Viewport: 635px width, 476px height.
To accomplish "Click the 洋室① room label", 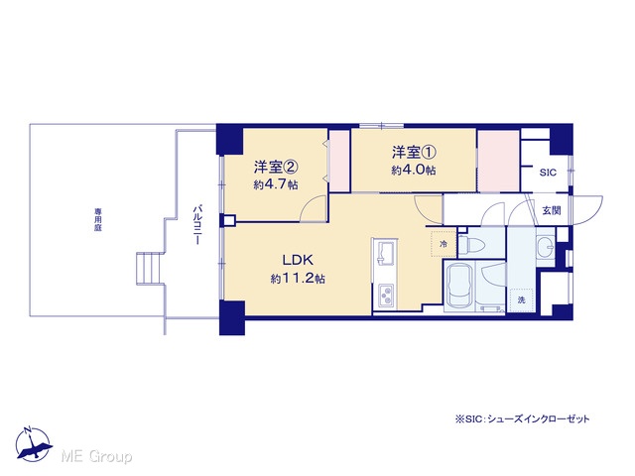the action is point(414,153).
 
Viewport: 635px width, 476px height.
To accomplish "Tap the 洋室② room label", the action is point(276,167).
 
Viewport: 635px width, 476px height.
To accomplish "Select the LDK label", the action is point(298,260).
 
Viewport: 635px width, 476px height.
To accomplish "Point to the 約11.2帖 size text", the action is point(298,279).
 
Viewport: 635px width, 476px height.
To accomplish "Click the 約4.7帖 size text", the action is point(276,184).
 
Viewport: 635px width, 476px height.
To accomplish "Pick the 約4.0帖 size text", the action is point(414,171).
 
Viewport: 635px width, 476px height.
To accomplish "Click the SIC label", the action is point(548,173).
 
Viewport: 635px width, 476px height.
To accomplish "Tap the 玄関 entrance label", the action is point(552,210).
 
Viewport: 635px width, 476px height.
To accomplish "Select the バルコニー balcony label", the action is point(197,225).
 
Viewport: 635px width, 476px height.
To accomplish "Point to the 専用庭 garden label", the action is point(97,220).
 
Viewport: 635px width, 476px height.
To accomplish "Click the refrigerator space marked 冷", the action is point(444,244).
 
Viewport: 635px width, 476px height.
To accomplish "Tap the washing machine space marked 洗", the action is point(522,299).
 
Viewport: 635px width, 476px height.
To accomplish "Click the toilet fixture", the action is point(472,244).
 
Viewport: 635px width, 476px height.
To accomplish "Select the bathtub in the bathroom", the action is point(459,287).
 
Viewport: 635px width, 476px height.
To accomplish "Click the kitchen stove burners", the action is point(386,295).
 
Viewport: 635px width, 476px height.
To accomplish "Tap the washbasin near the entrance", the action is point(546,245).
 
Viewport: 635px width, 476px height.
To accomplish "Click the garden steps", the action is point(150,268).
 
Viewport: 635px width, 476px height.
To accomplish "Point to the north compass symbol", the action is point(33,444).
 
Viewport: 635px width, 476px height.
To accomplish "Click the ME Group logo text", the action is point(96,456).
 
